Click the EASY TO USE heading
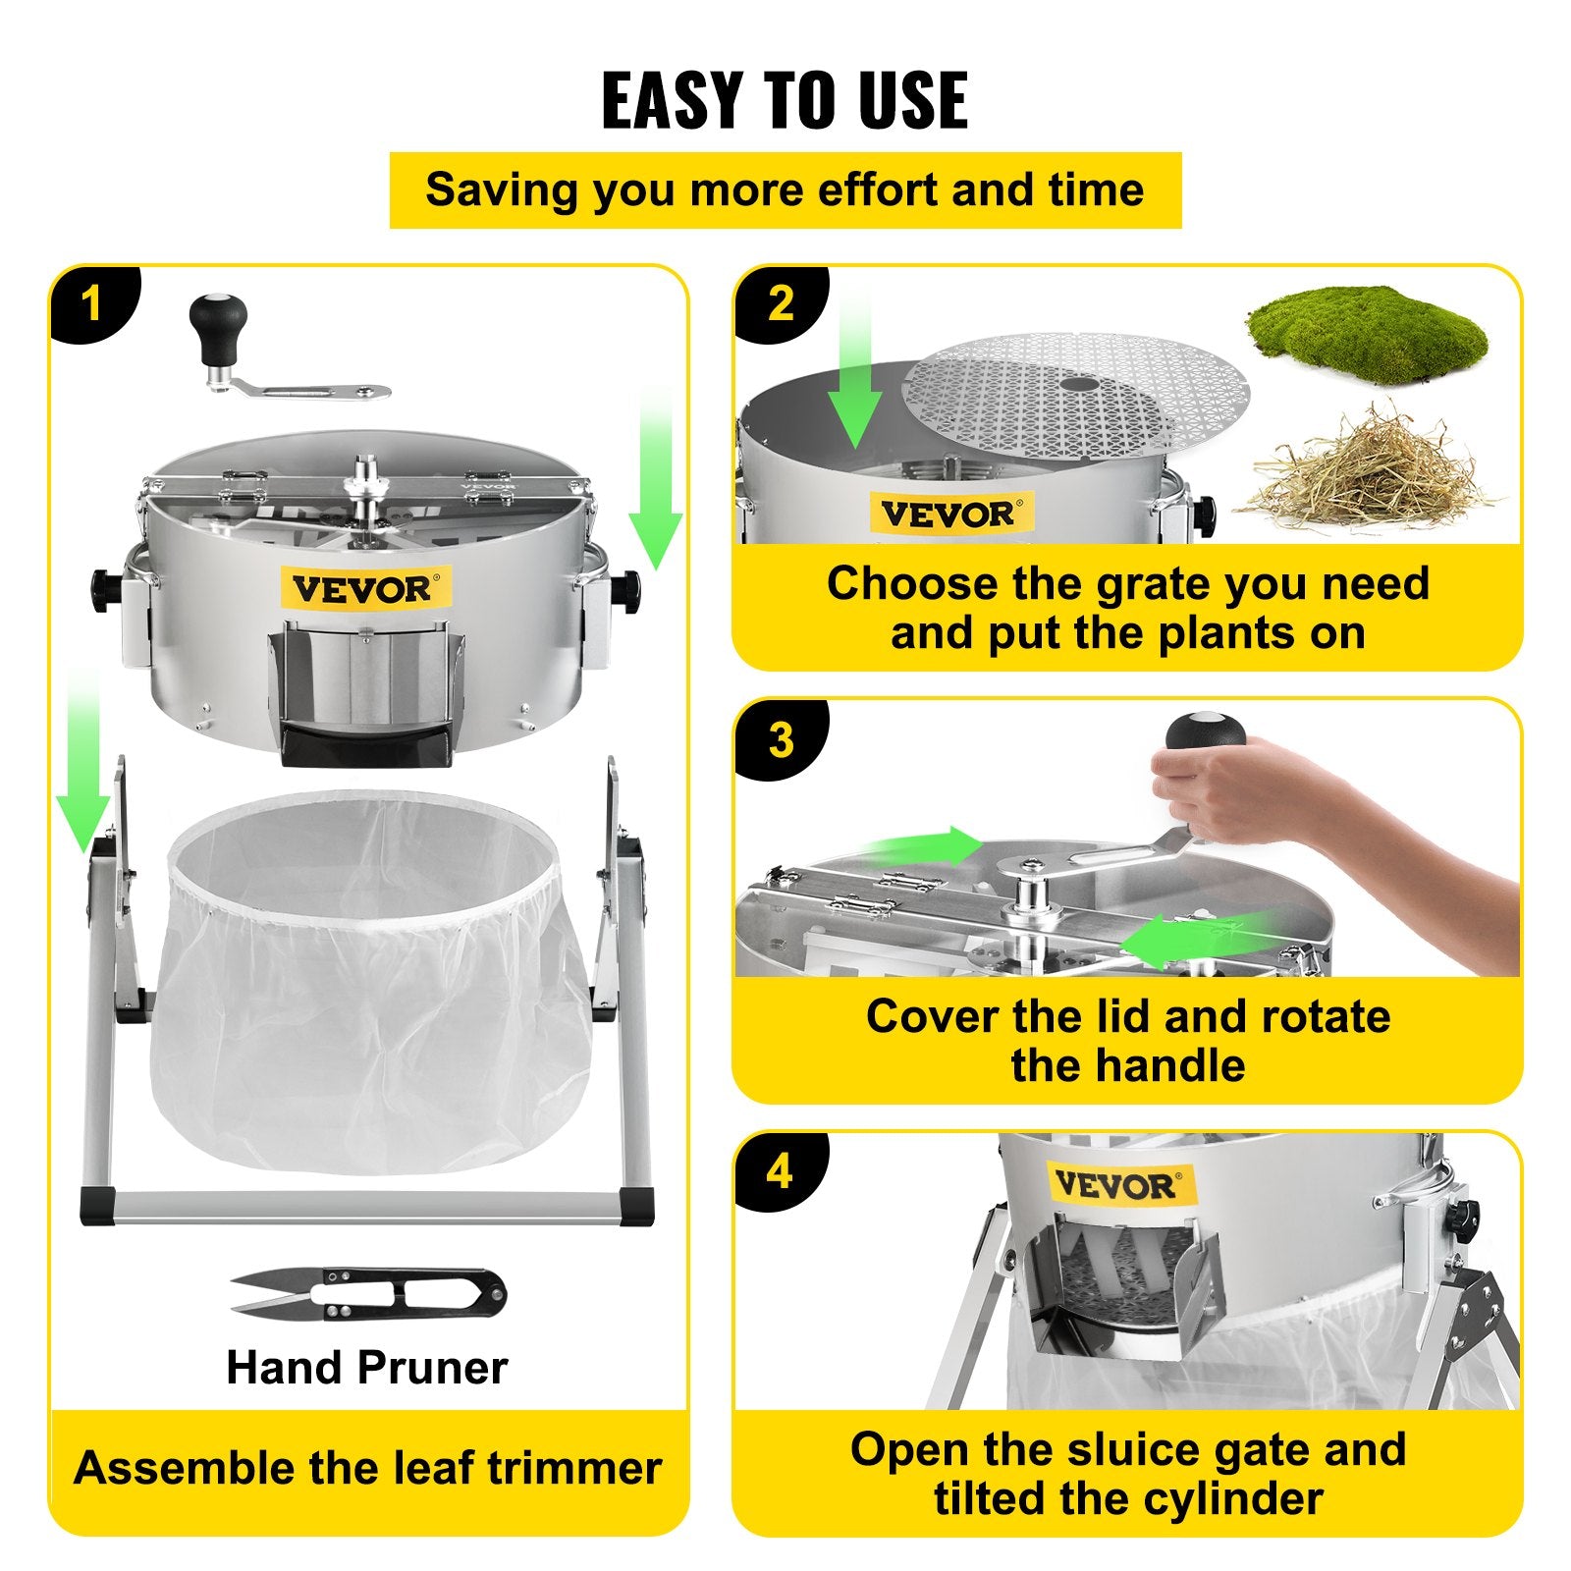point(785,101)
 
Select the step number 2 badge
point(781,303)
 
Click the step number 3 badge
point(781,739)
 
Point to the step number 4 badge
point(780,1171)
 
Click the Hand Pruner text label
point(367,1367)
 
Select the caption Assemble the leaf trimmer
point(367,1468)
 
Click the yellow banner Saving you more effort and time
point(785,190)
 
